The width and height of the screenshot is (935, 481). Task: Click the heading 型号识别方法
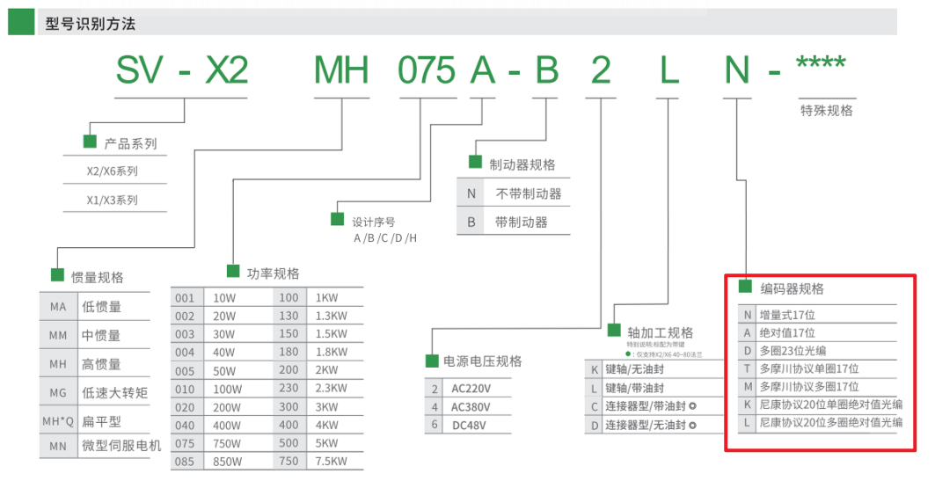pyautogui.click(x=90, y=24)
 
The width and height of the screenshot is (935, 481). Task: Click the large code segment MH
pyautogui.click(x=341, y=70)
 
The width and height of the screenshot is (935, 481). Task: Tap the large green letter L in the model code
pyautogui.click(x=670, y=70)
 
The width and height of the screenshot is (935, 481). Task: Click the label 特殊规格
pyautogui.click(x=826, y=111)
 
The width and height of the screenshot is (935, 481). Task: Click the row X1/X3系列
pyautogui.click(x=113, y=200)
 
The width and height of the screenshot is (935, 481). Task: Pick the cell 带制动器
pyautogui.click(x=521, y=222)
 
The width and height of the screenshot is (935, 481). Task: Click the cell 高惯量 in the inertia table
pyautogui.click(x=101, y=364)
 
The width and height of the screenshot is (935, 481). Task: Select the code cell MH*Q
pyautogui.click(x=58, y=421)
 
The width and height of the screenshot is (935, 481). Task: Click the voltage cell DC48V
pyautogui.click(x=468, y=426)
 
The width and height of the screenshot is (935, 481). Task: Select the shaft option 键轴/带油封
pyautogui.click(x=634, y=388)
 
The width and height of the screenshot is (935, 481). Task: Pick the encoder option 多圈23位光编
pyautogui.click(x=793, y=351)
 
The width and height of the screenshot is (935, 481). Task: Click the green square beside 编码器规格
pyautogui.click(x=745, y=287)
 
